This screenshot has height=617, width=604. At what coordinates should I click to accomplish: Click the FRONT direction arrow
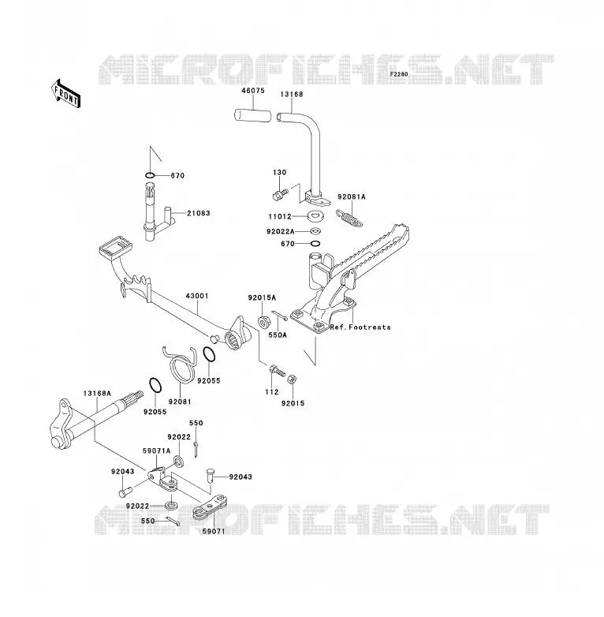point(65,94)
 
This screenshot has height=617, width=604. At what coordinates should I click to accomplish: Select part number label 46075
point(253,91)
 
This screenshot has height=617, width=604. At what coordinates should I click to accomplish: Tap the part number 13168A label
point(97,393)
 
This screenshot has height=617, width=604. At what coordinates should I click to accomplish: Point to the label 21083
point(199,213)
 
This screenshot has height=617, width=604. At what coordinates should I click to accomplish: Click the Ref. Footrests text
point(360,327)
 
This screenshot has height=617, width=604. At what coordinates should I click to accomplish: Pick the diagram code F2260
point(399,74)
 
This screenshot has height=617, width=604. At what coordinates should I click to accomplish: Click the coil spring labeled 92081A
point(349,219)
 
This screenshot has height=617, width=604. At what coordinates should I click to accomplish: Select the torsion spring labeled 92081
point(180,363)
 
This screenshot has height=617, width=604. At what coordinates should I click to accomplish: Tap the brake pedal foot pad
point(116,247)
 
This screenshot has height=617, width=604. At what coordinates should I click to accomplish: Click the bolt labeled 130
point(280,193)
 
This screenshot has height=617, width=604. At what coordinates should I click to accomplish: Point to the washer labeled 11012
point(314,216)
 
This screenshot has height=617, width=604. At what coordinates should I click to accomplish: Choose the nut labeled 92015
point(292,380)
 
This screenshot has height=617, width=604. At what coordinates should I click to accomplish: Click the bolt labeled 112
point(278,371)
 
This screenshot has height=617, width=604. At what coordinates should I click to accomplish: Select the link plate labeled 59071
point(210,507)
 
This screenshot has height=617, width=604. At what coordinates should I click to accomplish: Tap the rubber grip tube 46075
point(253,116)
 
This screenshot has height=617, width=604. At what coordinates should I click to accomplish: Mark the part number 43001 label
point(197,296)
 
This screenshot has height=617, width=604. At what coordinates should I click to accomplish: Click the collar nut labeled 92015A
point(264,322)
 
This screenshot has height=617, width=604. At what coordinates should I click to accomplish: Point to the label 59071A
point(156,451)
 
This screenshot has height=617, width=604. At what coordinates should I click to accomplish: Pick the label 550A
point(278,335)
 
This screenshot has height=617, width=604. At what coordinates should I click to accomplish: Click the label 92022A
point(281,231)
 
